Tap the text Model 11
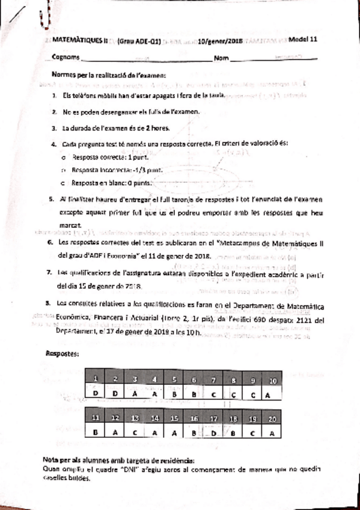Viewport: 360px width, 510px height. [302, 41]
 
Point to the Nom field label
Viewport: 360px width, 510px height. [221, 58]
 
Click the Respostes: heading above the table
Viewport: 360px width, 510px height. [63, 354]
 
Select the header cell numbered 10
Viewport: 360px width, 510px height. [272, 380]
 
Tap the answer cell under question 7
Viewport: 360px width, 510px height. [213, 394]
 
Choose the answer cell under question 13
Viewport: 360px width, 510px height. [135, 432]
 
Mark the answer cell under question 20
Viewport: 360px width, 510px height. [272, 432]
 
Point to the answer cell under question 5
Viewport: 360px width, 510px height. [174, 394]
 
